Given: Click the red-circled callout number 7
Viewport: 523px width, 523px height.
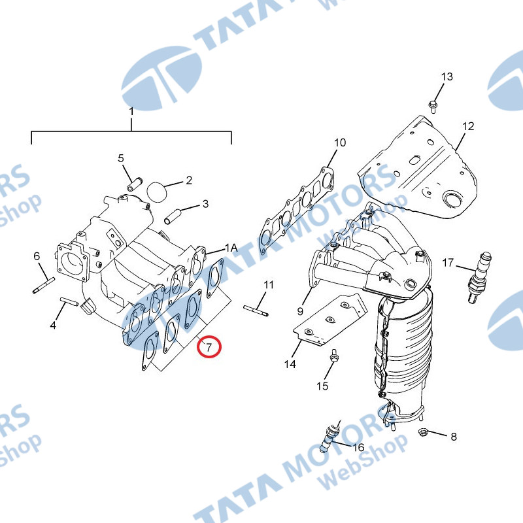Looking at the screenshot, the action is coord(209,347).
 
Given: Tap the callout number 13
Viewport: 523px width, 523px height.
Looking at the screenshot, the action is coord(447,76).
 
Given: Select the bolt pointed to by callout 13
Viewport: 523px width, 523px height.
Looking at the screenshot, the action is coord(432,107).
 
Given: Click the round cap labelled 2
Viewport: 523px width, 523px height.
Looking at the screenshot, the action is coord(156,192).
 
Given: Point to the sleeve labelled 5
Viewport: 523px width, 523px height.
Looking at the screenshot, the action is coord(135,184).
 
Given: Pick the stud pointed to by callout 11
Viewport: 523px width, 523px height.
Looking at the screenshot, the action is coord(256,310).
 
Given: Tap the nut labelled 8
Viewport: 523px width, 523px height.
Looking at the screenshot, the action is coord(423,432).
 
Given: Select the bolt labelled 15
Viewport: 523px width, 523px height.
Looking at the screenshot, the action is coord(333,356).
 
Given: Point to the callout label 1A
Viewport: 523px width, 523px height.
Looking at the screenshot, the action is coord(231,248).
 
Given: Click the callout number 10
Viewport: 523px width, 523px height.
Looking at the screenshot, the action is coord(340,143).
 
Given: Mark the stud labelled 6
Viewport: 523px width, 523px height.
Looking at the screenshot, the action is coord(44,286).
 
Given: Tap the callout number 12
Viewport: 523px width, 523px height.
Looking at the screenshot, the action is coord(468,126).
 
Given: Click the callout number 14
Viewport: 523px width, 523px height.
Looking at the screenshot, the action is coord(290,364).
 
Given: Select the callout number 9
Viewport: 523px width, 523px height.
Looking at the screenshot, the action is coord(300,311).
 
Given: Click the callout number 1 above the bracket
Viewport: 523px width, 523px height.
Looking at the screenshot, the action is coord(131,111).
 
